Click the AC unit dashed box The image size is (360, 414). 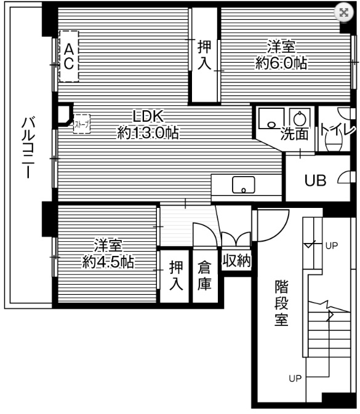pos(69,55)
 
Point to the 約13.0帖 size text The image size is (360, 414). pos(148,133)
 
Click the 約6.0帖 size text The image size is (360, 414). pos(281,63)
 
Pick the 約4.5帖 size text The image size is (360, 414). pos(109,262)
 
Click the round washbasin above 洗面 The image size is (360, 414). pos(298,117)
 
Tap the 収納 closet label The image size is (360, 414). pos(236,260)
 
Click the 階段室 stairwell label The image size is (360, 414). pos(282,303)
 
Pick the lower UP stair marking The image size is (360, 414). pos(296,378)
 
